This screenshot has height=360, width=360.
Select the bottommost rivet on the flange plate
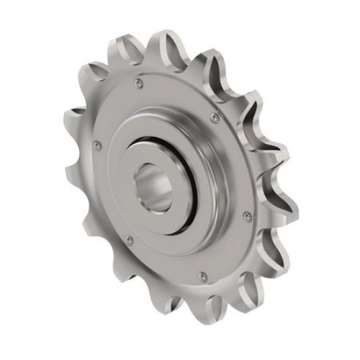204,274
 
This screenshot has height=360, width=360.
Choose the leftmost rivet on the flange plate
97,148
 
